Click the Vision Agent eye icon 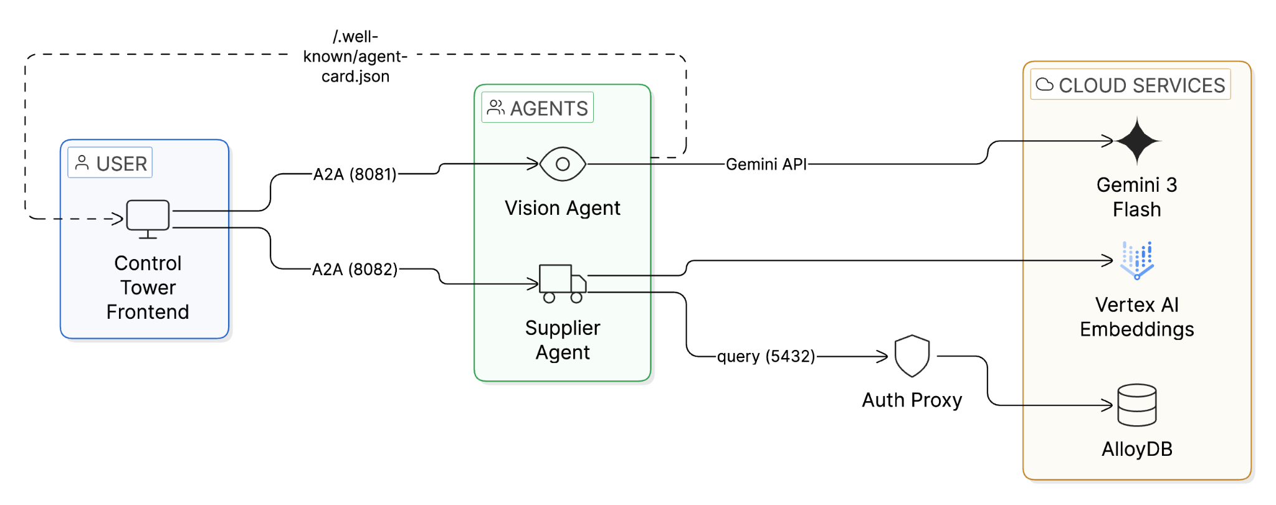pos(563,164)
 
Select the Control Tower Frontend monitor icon pos(148,219)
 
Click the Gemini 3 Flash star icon pos(1137,141)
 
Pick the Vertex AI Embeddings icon pos(1137,260)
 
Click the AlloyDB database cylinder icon pos(1137,405)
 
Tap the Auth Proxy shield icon pos(912,356)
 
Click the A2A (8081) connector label pos(355,174)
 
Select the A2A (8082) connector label pos(355,270)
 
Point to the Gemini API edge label pos(766,164)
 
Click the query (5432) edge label pos(766,356)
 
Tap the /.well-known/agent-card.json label pos(355,57)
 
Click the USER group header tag pos(110,163)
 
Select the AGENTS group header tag pos(538,108)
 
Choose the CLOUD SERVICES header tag pos(1131,85)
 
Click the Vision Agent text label pos(563,208)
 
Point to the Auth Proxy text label pos(912,400)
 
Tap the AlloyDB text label pos(1137,449)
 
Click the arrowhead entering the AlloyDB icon pos(1108,405)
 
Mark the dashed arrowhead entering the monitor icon pos(118,219)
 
